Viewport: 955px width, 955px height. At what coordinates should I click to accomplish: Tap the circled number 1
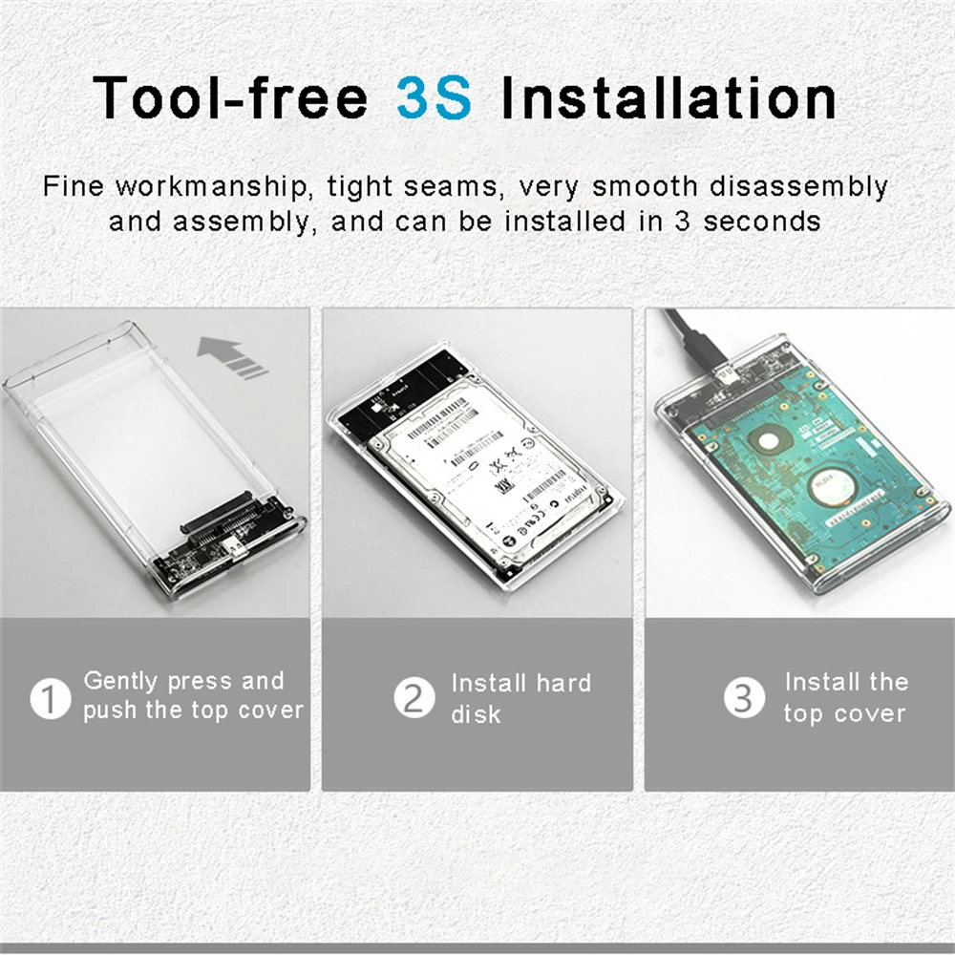pyautogui.click(x=50, y=698)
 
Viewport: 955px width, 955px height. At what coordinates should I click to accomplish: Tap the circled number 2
pyautogui.click(x=414, y=698)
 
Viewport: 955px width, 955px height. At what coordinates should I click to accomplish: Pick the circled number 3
pyautogui.click(x=743, y=698)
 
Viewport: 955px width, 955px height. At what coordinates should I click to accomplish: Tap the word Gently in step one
pyautogui.click(x=121, y=682)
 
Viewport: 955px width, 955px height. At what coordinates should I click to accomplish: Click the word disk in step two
pyautogui.click(x=476, y=714)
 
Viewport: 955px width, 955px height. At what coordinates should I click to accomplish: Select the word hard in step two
pyautogui.click(x=562, y=683)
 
